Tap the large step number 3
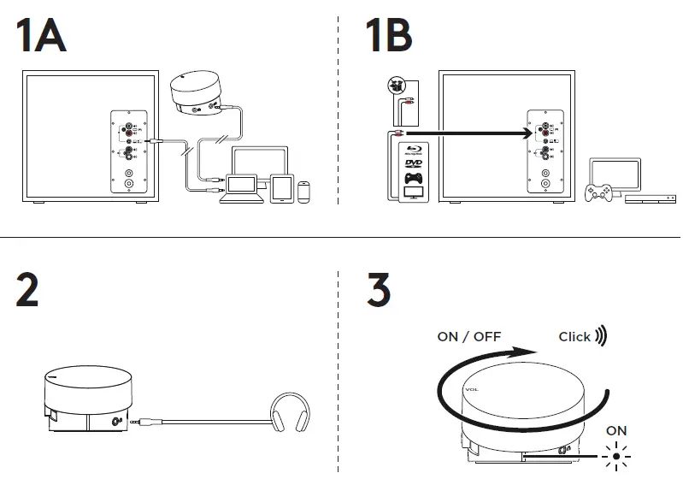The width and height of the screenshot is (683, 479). [379, 291]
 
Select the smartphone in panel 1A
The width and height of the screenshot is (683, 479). [303, 190]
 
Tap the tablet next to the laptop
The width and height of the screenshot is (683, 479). [281, 188]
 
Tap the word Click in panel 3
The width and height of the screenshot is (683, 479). [574, 336]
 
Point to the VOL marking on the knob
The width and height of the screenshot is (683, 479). [472, 389]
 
